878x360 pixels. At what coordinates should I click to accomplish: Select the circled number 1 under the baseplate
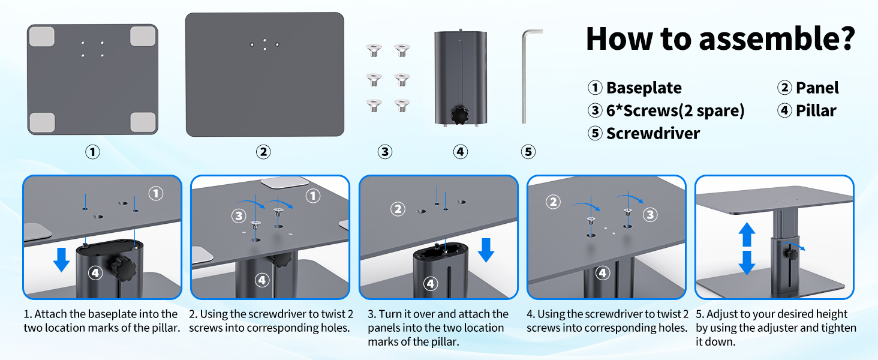(x=92, y=152)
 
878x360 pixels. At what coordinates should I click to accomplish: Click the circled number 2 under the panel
(x=263, y=152)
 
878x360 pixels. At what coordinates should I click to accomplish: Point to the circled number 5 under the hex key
(x=528, y=152)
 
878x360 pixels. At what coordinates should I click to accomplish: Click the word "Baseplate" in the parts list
(x=644, y=88)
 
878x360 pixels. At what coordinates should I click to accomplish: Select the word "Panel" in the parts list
(x=817, y=88)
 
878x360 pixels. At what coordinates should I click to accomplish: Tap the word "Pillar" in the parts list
(x=816, y=110)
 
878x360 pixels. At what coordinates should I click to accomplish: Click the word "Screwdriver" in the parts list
(x=653, y=133)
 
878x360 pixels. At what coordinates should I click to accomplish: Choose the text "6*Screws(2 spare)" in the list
(x=675, y=110)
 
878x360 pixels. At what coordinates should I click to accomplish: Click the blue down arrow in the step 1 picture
(x=61, y=259)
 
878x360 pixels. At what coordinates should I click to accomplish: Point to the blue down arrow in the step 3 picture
(x=486, y=249)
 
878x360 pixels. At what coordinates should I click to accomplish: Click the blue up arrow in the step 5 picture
(x=747, y=235)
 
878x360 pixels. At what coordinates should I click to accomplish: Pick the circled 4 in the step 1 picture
(x=95, y=273)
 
